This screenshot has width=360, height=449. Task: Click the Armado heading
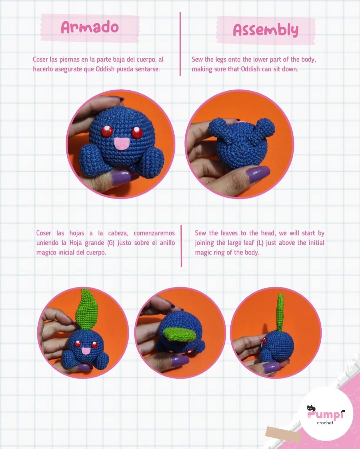[x=90, y=27]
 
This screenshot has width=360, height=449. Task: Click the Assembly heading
[x=266, y=30]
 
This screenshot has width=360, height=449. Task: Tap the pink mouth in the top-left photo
[x=122, y=144]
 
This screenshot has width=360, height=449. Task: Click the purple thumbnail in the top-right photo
[x=259, y=174]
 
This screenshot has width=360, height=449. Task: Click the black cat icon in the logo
[x=311, y=408]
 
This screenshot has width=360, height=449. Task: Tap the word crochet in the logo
[x=325, y=422]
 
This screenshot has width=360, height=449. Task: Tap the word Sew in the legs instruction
[x=197, y=59]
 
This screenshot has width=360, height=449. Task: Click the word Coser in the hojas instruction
[x=44, y=233]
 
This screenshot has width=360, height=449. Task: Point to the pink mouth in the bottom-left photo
[x=86, y=351]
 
